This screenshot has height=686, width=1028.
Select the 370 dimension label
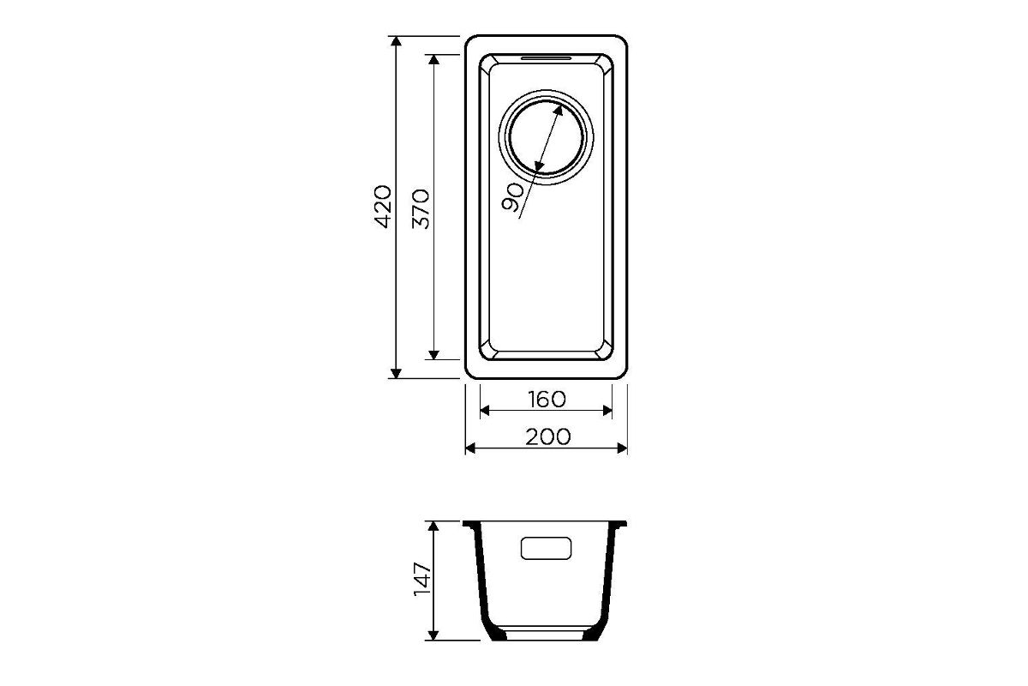(x=421, y=209)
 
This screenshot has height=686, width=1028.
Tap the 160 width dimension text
(x=547, y=400)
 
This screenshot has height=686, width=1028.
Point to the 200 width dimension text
(x=548, y=436)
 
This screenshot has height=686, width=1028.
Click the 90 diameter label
(x=512, y=197)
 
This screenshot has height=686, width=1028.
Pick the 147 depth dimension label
(x=422, y=579)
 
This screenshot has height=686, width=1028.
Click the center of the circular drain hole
(x=547, y=137)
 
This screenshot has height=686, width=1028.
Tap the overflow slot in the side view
(x=547, y=548)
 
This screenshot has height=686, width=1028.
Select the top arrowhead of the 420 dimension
(x=396, y=41)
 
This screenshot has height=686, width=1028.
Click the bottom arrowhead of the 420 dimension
(x=396, y=373)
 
